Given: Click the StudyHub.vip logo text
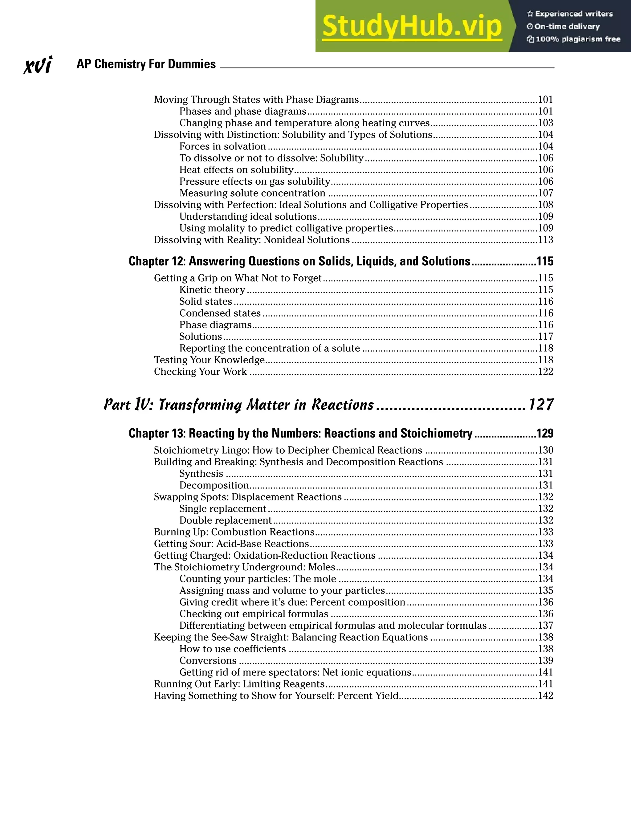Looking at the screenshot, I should pyautogui.click(x=412, y=26).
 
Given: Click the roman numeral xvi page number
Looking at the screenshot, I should pyautogui.click(x=38, y=65).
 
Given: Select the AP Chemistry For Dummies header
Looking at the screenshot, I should pyautogui.click(x=146, y=64).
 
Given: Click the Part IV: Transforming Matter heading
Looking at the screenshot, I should pyautogui.click(x=238, y=405).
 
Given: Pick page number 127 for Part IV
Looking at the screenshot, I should pyautogui.click(x=541, y=405).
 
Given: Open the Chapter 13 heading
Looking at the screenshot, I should pyautogui.click(x=300, y=433).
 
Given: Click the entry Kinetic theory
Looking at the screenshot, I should pyautogui.click(x=212, y=290).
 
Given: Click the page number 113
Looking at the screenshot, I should pyautogui.click(x=545, y=240).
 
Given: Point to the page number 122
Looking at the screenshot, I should pyautogui.click(x=545, y=372).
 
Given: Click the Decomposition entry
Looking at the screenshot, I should pyautogui.click(x=214, y=485).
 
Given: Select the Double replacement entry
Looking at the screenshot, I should pyautogui.click(x=225, y=520).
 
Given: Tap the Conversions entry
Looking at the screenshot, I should pyautogui.click(x=208, y=660).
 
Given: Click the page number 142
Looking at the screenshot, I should pyautogui.click(x=545, y=695).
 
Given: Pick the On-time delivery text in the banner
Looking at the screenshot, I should pyautogui.click(x=567, y=26).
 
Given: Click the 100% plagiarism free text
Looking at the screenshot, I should pyautogui.click(x=577, y=39).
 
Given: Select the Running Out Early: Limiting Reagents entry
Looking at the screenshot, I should pyautogui.click(x=239, y=684).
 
